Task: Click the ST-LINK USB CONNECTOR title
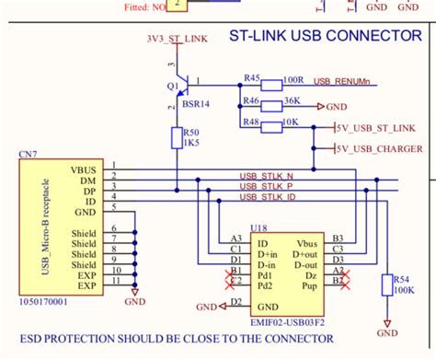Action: [319, 37]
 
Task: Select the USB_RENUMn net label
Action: [344, 82]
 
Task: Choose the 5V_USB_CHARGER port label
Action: [380, 148]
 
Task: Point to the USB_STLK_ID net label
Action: [268, 196]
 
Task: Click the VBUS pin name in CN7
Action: [83, 168]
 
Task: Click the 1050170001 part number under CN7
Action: [45, 300]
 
